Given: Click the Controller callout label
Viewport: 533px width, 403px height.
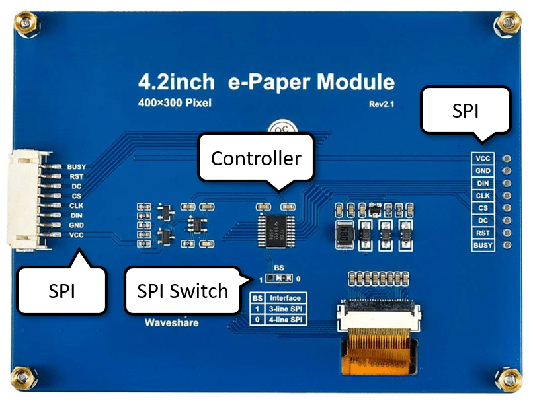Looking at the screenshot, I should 255,158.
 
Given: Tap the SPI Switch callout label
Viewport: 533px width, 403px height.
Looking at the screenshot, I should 182,290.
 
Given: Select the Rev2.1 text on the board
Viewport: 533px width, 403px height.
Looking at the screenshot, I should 382,104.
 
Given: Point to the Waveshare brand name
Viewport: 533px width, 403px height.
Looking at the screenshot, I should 165,323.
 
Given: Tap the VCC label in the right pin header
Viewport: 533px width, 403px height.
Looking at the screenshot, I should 482,159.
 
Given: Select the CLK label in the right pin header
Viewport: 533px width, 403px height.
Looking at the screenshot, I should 482,196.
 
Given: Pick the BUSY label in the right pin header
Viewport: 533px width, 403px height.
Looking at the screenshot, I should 482,245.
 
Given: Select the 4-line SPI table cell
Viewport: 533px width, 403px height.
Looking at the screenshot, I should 285,320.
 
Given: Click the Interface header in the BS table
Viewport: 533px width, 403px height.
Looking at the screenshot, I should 285,298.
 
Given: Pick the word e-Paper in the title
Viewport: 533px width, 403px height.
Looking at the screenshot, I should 268,83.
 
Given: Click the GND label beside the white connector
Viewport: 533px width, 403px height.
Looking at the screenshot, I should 75,225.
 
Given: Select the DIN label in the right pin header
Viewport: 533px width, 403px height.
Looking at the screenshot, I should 482,183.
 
